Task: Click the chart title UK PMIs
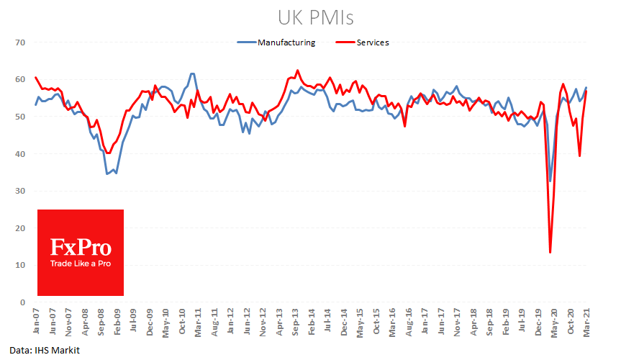[x=310, y=17]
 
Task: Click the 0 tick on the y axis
[x=22, y=302]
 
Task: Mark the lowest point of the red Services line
[x=550, y=252]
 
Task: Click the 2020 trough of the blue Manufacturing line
[x=550, y=181]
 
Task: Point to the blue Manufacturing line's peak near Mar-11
[x=192, y=73]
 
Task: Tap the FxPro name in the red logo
[x=81, y=248]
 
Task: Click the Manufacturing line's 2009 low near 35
[x=108, y=174]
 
